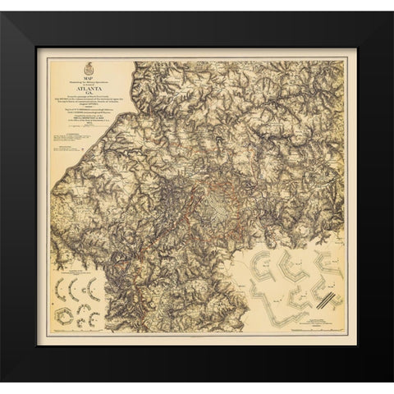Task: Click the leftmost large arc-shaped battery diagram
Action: click(x=60, y=289)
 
